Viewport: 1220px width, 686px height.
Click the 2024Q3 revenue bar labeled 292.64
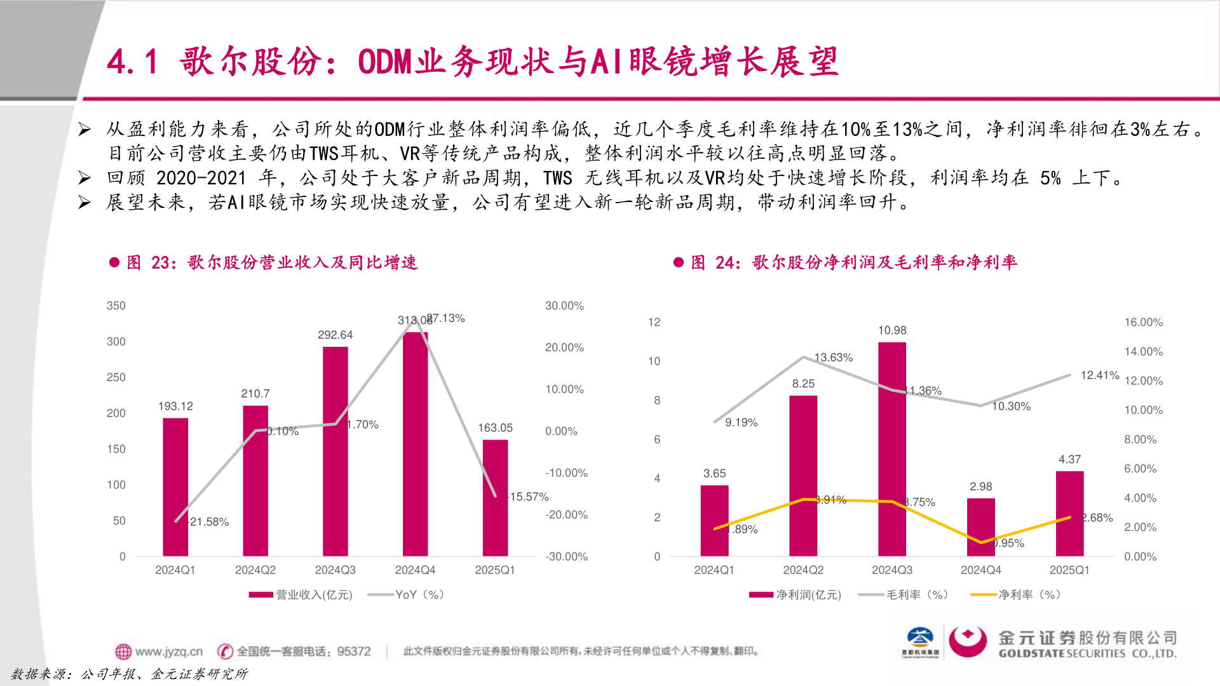[335, 451]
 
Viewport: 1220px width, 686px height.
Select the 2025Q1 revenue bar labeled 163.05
[495, 498]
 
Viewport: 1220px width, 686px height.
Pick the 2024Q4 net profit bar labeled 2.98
[980, 527]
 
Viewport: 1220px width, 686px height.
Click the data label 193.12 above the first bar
[175, 406]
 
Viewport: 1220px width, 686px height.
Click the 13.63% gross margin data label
[833, 358]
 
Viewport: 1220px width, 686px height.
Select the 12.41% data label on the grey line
[1099, 375]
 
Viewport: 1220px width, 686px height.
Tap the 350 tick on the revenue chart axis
[116, 306]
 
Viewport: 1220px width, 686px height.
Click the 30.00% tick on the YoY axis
[564, 306]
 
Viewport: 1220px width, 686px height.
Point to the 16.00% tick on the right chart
[1143, 322]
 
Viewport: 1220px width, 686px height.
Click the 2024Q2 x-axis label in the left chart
[255, 570]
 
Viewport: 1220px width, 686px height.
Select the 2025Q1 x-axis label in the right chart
[1069, 570]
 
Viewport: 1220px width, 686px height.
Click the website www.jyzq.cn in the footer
[168, 651]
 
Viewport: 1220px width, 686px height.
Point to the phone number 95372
[353, 651]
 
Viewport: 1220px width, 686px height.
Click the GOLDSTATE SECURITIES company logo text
[1087, 653]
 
